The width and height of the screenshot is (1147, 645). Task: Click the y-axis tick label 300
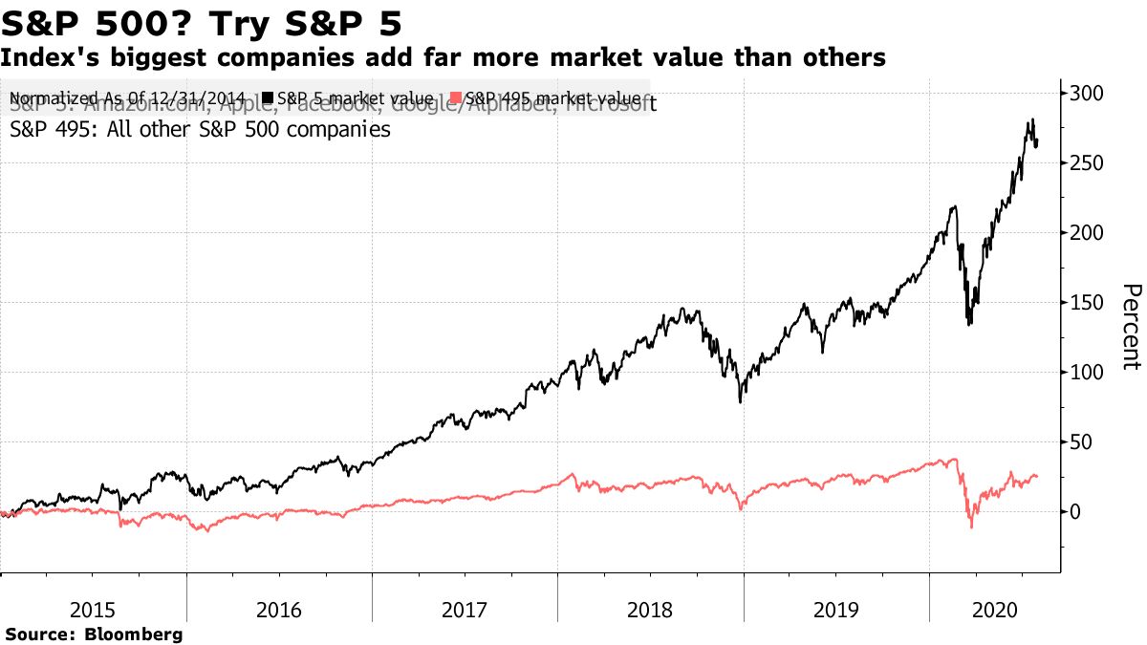1086,94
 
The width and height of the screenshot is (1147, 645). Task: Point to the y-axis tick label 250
1086,163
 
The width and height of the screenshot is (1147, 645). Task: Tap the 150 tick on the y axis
1086,303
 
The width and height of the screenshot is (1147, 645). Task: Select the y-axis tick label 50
1081,442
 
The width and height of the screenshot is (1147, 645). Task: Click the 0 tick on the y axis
1075,512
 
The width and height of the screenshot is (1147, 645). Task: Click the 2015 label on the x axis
93,609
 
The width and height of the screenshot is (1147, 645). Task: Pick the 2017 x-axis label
465,609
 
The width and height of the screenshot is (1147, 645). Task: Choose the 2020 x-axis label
992,609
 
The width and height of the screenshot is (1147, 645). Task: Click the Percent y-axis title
1131,326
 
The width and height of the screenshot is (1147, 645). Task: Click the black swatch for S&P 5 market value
269,98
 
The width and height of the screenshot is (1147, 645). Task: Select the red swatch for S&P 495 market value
457,98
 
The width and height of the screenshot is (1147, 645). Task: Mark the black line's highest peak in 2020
1032,119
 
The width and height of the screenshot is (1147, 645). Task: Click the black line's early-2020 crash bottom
969,325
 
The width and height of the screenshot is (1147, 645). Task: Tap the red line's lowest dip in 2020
972,527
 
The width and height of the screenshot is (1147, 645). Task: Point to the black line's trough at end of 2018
742,401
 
